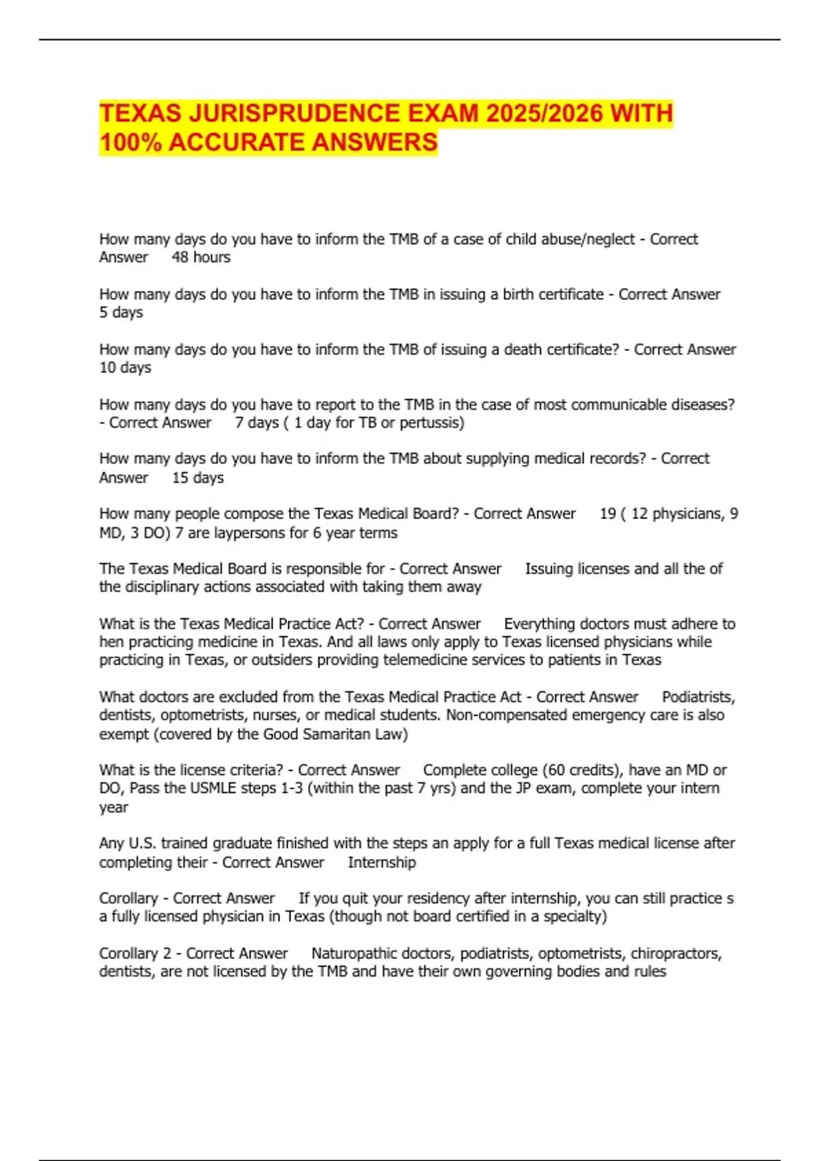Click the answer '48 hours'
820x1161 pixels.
tap(201, 257)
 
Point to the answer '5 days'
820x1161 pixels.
tap(121, 313)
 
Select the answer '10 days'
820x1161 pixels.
tap(125, 367)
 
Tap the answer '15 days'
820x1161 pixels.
tap(197, 478)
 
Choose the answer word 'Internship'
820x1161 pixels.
tap(381, 863)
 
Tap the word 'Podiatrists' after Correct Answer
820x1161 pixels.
tap(698, 697)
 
